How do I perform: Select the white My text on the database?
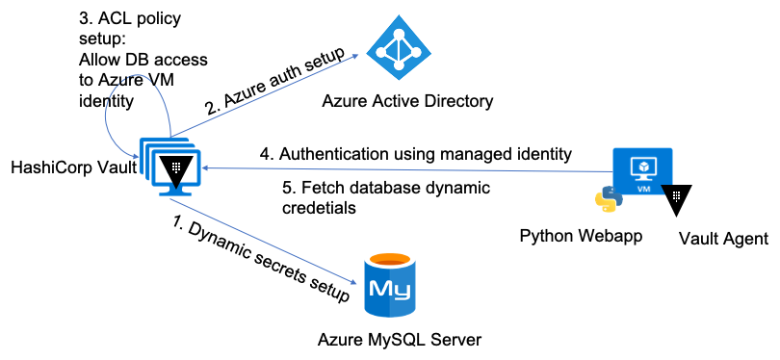click(389, 289)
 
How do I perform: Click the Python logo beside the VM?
click(607, 198)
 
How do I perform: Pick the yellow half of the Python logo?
click(610, 204)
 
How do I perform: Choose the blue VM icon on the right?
click(642, 171)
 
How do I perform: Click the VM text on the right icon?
click(643, 189)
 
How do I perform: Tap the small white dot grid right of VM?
click(676, 195)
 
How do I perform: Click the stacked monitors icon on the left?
click(169, 166)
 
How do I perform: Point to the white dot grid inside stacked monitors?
click(175, 167)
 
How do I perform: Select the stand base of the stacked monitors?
click(175, 193)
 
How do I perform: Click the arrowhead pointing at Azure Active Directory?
click(354, 57)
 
